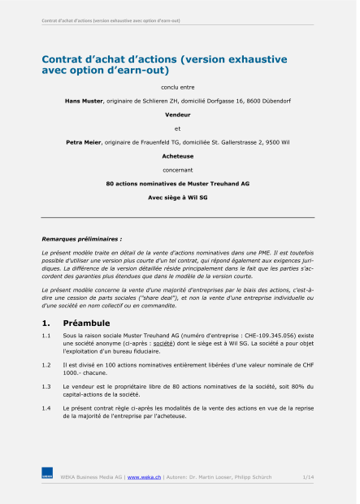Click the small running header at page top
111,20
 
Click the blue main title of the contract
164,64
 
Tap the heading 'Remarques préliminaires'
81,239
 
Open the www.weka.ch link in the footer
144,477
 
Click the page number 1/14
308,477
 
